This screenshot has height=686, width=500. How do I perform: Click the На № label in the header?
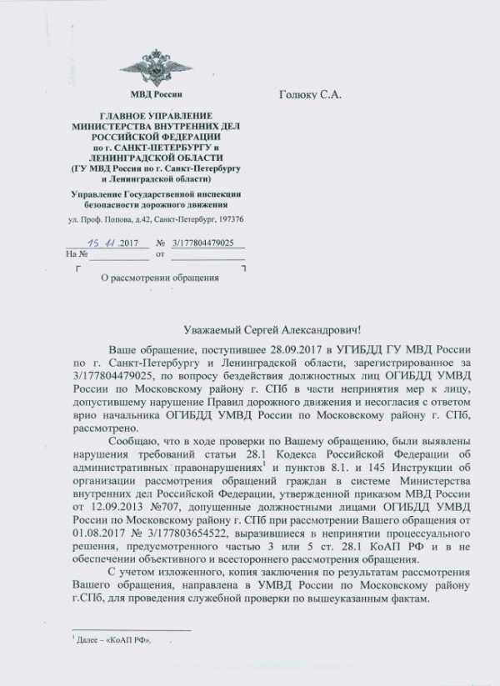point(77,253)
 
